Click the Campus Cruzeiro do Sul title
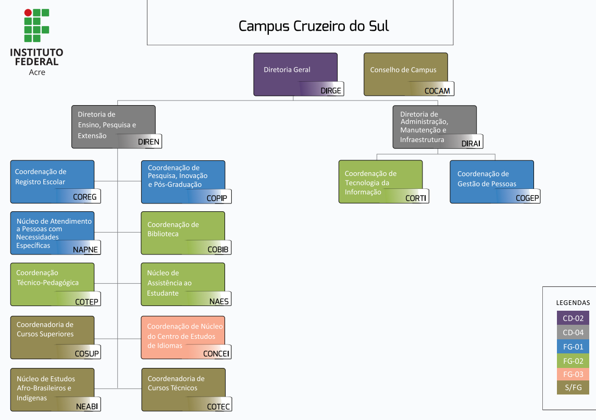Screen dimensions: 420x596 pyautogui.click(x=314, y=26)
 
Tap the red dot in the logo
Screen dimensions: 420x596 pyautogui.click(x=28, y=12)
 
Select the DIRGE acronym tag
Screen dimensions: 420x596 pyautogui.click(x=331, y=91)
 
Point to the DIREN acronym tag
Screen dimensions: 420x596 pyautogui.click(x=148, y=142)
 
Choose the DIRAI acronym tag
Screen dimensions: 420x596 pyautogui.click(x=470, y=144)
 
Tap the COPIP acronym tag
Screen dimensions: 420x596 pyautogui.click(x=217, y=198)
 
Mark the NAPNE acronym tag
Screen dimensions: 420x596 pyautogui.click(x=85, y=249)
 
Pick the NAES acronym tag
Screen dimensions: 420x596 pyautogui.click(x=219, y=301)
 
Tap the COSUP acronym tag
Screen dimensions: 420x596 pyautogui.click(x=86, y=354)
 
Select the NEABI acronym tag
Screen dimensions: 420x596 pyautogui.click(x=87, y=406)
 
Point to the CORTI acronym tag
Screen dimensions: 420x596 pyautogui.click(x=416, y=198)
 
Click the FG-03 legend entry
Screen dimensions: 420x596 pyautogui.click(x=573, y=374)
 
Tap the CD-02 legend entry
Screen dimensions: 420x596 pyautogui.click(x=573, y=318)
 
